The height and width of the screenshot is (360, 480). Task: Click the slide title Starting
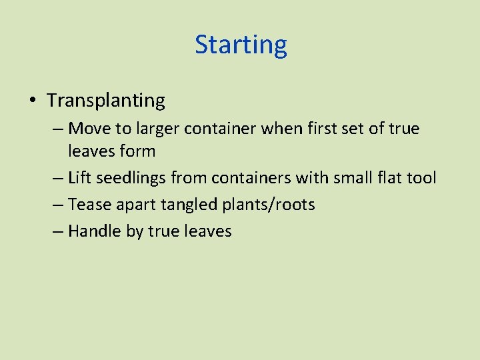pos(241,45)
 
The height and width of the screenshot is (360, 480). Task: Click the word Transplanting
pos(106,101)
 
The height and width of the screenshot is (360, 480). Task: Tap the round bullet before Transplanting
pos(33,101)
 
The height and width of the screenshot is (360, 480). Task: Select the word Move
pos(85,128)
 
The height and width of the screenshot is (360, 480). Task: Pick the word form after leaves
pos(138,151)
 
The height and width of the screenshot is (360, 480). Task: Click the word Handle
pos(95,231)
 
